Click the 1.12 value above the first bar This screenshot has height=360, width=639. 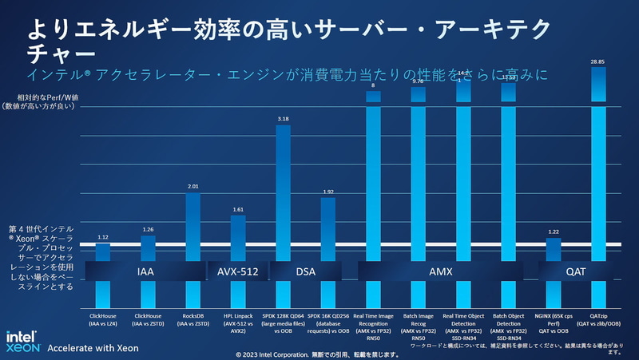tap(102, 238)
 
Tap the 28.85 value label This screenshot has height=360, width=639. tap(597, 61)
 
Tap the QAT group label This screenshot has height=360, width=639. tap(575, 272)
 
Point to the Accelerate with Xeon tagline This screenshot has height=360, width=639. tap(93, 348)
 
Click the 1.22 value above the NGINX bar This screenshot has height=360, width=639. tap(553, 231)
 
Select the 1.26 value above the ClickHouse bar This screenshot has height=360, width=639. tap(148, 230)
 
